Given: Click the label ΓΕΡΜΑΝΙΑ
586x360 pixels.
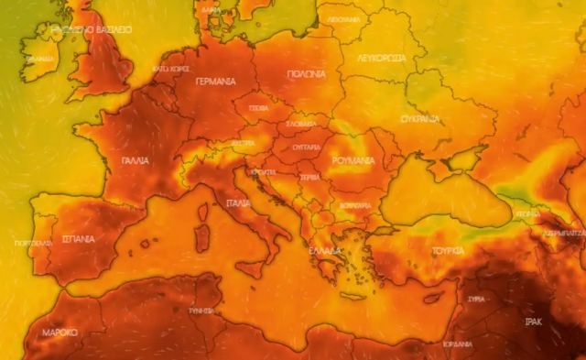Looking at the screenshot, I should tap(216, 82).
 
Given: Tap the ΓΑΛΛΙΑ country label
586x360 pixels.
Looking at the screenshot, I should tap(135, 159).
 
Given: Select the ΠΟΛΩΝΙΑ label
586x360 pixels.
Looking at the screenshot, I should tap(305, 74).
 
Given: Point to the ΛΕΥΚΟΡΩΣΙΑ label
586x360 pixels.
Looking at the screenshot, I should tap(381, 56).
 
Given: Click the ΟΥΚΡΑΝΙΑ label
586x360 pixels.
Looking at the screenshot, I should tap(420, 119).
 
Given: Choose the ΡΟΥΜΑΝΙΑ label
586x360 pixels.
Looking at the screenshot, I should tap(353, 160).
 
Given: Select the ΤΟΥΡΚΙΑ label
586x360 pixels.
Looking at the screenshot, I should tap(448, 250).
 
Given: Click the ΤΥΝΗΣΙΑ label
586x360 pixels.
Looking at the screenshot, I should tap(201, 311).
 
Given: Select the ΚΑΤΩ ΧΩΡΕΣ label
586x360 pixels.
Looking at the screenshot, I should tap(170, 69).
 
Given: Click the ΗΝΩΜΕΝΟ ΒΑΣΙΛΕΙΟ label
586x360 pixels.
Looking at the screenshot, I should tap(92, 29).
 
